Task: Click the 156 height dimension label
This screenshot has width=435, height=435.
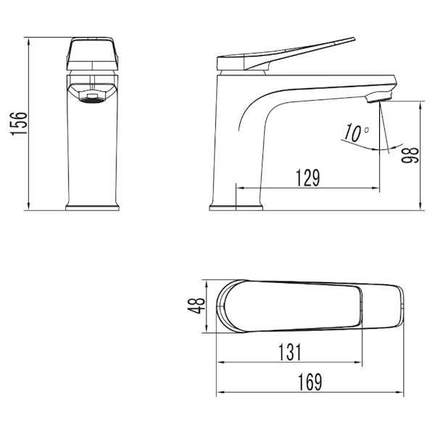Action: (x=19, y=123)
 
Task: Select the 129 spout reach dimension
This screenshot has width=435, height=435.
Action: (x=308, y=178)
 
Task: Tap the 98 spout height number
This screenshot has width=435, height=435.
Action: (x=410, y=155)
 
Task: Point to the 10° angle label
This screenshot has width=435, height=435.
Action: (x=357, y=133)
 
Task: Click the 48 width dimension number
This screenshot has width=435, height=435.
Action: (x=196, y=306)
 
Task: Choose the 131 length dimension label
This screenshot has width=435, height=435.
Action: (x=289, y=352)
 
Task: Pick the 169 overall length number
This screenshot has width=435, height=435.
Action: (x=310, y=382)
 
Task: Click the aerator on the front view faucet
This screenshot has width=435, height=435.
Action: (x=92, y=98)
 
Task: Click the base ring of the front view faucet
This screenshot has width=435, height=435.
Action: (x=92, y=208)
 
